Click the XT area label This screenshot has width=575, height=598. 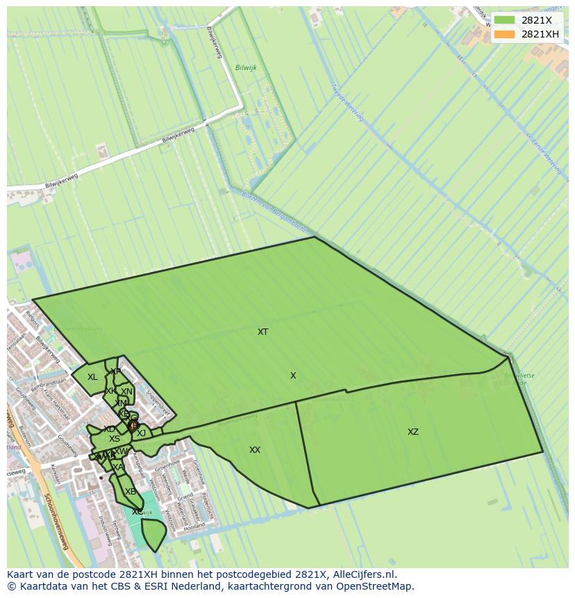click(x=262, y=332)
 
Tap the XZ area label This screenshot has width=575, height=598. click(x=413, y=432)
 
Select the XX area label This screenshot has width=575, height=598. click(x=255, y=450)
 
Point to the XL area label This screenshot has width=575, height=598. click(x=92, y=377)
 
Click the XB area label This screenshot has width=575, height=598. click(x=130, y=492)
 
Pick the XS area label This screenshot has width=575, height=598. click(x=115, y=439)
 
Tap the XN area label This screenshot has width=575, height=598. click(x=126, y=392)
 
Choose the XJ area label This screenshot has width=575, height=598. click(x=142, y=433)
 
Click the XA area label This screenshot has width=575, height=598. click(x=118, y=467)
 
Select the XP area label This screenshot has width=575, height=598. click(x=115, y=372)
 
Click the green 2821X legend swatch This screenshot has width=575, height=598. click(x=505, y=21)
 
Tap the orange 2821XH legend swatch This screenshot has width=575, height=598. click(x=505, y=34)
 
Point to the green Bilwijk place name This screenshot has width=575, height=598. click(x=246, y=67)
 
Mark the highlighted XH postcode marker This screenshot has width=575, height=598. click(x=133, y=426)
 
